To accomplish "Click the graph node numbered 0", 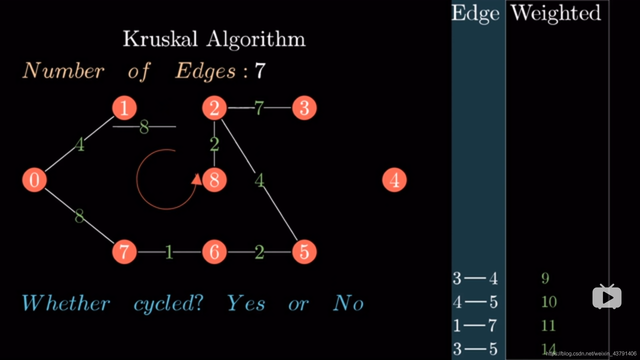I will (34, 180).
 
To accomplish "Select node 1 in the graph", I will (124, 108).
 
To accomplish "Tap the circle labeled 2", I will (214, 108).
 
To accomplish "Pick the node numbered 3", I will (304, 108).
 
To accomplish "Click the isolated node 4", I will (394, 180).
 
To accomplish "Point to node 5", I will (304, 252).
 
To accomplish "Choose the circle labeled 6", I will (214, 252).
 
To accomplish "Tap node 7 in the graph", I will (124, 252).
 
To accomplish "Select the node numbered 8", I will (214, 180).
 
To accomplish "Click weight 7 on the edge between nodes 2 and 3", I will (259, 108).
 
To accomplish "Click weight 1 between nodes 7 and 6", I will (169, 252).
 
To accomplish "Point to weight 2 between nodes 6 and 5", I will (259, 252).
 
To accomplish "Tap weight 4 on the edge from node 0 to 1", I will (79, 145).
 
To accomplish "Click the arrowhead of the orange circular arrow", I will (197, 179).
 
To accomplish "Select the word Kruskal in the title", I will (160, 39).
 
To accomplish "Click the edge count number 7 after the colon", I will (260, 71).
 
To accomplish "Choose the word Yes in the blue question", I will (246, 303).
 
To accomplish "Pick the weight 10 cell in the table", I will (549, 302).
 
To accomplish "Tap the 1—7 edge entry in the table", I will (475, 325).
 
